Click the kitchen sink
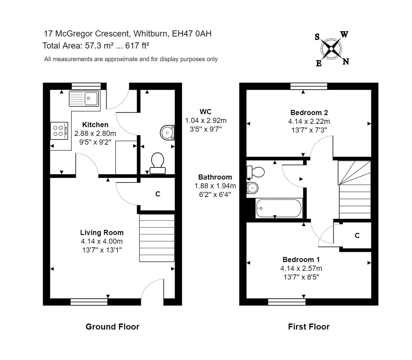tap(84, 98)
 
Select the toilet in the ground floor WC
tap(158, 163)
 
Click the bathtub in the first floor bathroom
tap(279, 208)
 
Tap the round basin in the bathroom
tap(252, 188)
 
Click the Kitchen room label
tap(95, 125)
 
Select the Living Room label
tap(102, 233)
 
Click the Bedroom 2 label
tap(309, 113)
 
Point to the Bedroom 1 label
tap(301, 260)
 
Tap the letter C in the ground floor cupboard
tap(158, 194)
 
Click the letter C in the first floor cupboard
tap(357, 236)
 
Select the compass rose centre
tap(331, 49)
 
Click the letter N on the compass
tap(346, 62)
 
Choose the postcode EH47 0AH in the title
tap(192, 33)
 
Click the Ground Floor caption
tap(112, 327)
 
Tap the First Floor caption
tap(309, 327)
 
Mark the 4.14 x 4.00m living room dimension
tap(102, 241)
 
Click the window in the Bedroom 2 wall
tap(309, 86)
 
